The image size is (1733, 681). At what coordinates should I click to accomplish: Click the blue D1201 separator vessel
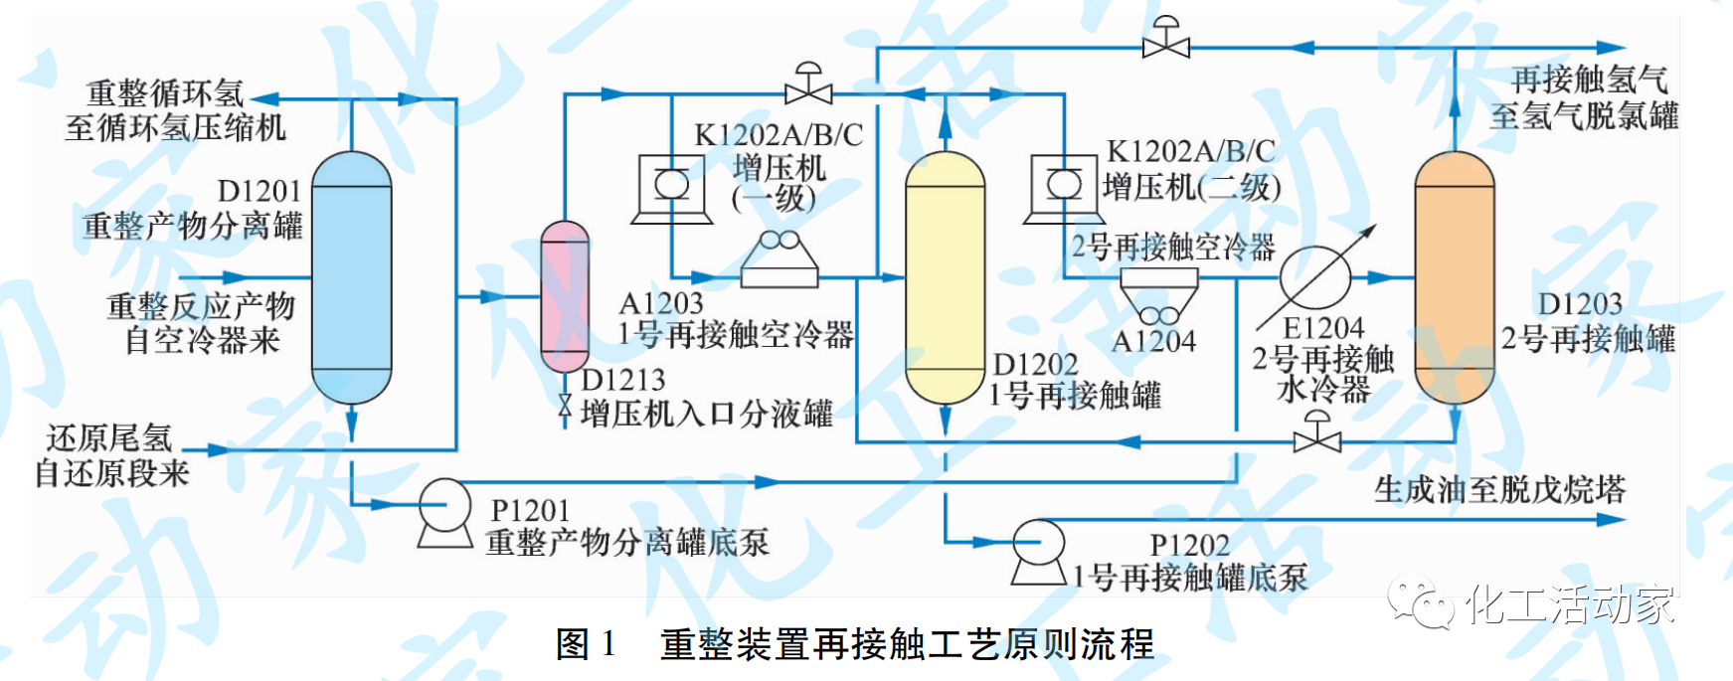coord(351,277)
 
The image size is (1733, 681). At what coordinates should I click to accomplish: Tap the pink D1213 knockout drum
coord(565,296)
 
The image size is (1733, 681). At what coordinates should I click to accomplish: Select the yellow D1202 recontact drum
coord(945,277)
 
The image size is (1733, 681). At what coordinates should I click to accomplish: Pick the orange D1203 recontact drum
coord(1454,277)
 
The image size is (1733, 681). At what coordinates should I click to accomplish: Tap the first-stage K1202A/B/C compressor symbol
coord(672,187)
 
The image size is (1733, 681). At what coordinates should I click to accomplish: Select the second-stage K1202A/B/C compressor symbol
coord(1064,187)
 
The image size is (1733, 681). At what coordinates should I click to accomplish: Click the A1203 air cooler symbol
coord(780,259)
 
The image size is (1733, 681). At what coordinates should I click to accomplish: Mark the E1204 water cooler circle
coord(1315,276)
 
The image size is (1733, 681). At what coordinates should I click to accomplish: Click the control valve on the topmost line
coord(1165,42)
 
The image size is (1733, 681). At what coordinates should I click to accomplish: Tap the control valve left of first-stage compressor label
coord(808,88)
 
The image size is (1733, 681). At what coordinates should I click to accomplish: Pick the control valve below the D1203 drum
coord(1316,435)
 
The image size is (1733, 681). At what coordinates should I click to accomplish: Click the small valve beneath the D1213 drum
coord(565,406)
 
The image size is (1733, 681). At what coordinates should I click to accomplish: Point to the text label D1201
coord(259,191)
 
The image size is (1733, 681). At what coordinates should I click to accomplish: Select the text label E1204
coord(1322,328)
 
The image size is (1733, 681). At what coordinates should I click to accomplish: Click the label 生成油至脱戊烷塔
coord(1499,489)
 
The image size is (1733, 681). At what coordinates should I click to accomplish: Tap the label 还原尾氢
coord(109,438)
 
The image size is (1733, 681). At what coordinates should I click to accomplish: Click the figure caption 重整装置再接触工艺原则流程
coord(907,644)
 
